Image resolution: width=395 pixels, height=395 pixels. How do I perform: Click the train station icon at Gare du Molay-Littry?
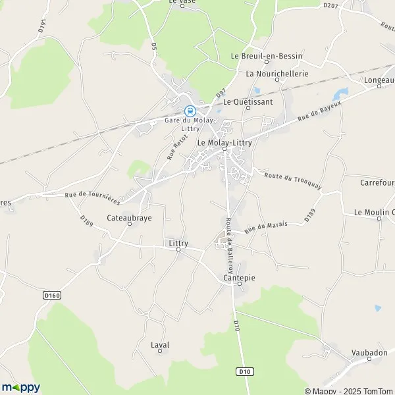190,111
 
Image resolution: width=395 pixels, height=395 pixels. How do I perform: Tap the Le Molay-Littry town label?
224,142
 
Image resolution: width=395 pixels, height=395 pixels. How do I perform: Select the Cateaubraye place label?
129,217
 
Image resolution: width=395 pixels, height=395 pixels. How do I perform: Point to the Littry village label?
178,244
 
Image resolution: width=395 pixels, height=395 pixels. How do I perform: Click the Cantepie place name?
235,278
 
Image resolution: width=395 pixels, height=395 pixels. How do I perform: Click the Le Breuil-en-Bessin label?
261,57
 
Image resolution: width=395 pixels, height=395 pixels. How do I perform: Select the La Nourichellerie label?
276,74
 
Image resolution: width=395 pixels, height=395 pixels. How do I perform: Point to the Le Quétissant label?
247,102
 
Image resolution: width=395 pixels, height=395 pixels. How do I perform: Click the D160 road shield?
52,296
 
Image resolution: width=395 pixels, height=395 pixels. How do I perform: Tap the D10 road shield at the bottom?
245,371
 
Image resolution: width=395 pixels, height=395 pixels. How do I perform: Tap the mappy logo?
20,387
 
